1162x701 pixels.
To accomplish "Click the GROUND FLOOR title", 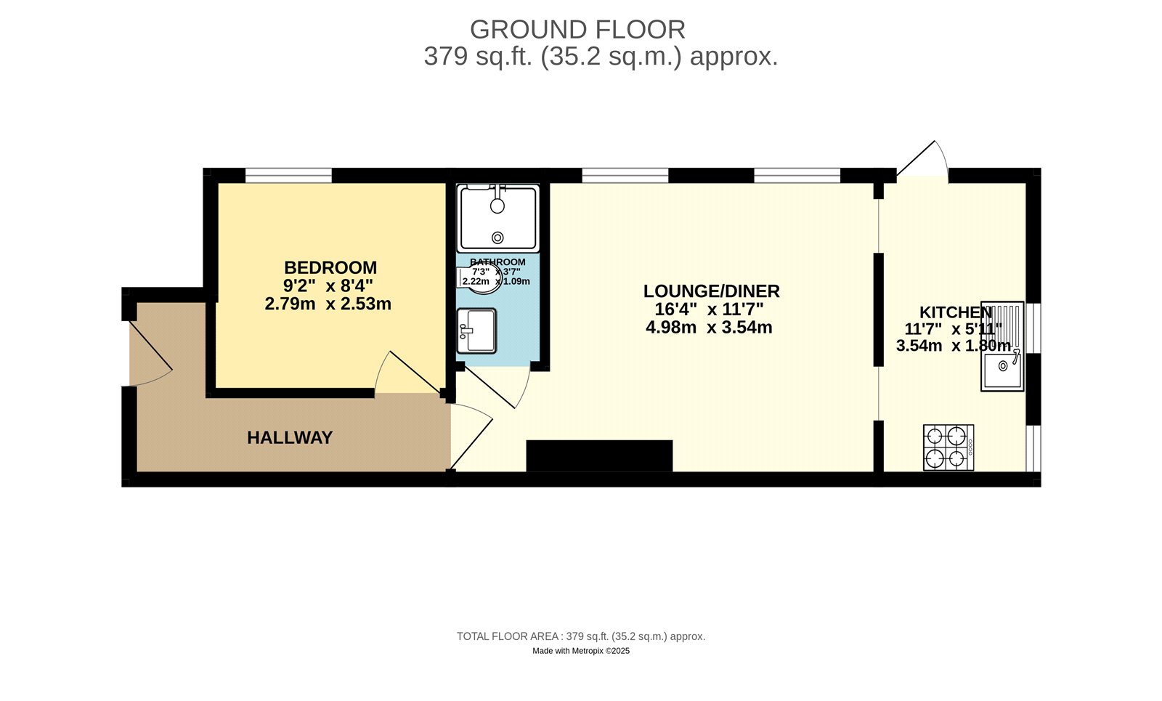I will coord(577,30).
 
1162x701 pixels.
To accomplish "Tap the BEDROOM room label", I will coord(330,267).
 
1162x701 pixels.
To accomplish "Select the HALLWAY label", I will coord(290,437).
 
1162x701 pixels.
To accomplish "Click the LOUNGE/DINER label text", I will coord(711,291).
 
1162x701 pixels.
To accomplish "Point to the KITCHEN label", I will coord(955,312).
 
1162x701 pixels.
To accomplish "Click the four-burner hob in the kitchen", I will coord(948,447).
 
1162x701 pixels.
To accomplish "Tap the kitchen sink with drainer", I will coord(1002,347).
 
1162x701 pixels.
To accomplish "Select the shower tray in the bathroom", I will coord(497,217).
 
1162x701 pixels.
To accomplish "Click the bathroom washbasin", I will coord(476,331).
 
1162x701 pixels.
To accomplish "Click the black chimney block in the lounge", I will coord(599,455).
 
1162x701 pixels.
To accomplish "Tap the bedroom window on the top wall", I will coord(288,175).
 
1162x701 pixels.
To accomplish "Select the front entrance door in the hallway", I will coord(149,354).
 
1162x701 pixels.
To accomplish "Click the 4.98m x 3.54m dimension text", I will coord(708,328).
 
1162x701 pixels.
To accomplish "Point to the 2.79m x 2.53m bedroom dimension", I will coord(328,304).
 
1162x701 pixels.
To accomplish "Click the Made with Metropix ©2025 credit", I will coord(580,651).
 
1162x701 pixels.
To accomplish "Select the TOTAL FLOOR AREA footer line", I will coord(580,636).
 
